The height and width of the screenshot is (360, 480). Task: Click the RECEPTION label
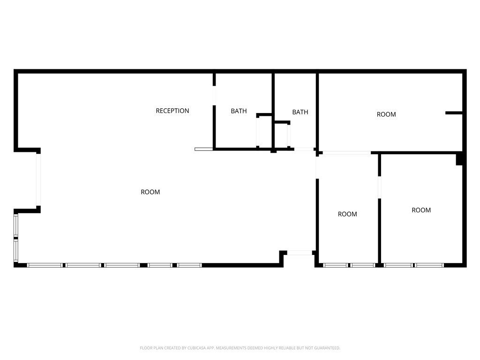point(172,111)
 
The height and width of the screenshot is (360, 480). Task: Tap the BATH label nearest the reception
point(239,111)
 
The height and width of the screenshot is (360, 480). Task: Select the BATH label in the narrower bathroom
point(300,112)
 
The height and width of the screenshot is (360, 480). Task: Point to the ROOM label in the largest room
point(150,192)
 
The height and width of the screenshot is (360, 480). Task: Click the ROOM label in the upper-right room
point(386,114)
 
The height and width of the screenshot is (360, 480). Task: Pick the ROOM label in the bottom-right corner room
point(421,210)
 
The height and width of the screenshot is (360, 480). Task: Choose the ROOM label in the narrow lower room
point(347,214)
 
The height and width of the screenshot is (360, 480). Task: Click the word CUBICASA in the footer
point(196,348)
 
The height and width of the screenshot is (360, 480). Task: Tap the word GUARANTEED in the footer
point(328,348)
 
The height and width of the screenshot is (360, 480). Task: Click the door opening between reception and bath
point(214,96)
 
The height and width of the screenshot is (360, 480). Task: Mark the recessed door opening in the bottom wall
point(300,253)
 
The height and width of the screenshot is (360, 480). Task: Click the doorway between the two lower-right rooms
point(380,187)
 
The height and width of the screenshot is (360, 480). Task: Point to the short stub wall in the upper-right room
point(454,113)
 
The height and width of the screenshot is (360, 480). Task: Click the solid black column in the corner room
point(459,159)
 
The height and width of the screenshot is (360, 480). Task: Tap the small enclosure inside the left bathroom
point(264,131)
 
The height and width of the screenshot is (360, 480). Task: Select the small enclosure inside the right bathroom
point(282,135)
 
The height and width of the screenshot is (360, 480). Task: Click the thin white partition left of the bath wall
point(203,150)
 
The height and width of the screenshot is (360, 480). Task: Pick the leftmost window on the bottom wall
point(45,265)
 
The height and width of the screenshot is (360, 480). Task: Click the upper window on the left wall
point(16,225)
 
